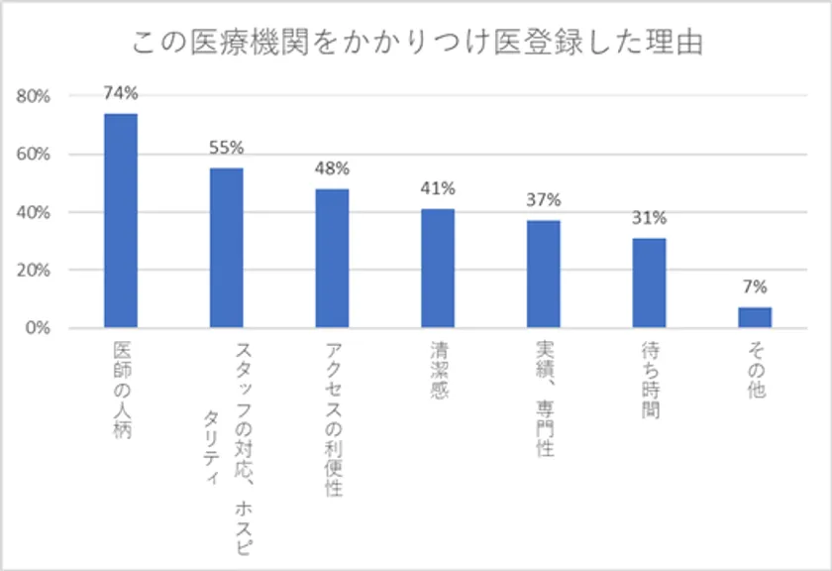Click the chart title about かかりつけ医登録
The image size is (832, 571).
pyautogui.click(x=416, y=44)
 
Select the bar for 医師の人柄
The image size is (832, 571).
pyautogui.click(x=121, y=220)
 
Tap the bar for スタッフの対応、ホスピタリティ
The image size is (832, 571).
pyautogui.click(x=227, y=248)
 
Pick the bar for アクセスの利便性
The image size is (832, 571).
pyautogui.click(x=332, y=258)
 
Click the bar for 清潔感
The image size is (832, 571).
pyautogui.click(x=438, y=268)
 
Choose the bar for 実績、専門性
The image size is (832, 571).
pyautogui.click(x=543, y=274)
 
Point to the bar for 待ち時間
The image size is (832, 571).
pyautogui.click(x=649, y=283)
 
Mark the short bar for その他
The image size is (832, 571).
pyautogui.click(x=755, y=317)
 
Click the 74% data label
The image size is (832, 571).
pyautogui.click(x=121, y=94)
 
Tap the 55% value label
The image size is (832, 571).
pyautogui.click(x=227, y=149)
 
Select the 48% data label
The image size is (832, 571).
pyautogui.click(x=332, y=169)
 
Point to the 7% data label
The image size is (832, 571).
pyautogui.click(x=755, y=287)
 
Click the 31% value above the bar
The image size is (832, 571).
pyautogui.click(x=649, y=218)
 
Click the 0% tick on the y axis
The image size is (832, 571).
pyautogui.click(x=38, y=328)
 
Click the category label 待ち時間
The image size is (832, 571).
pyautogui.click(x=649, y=382)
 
